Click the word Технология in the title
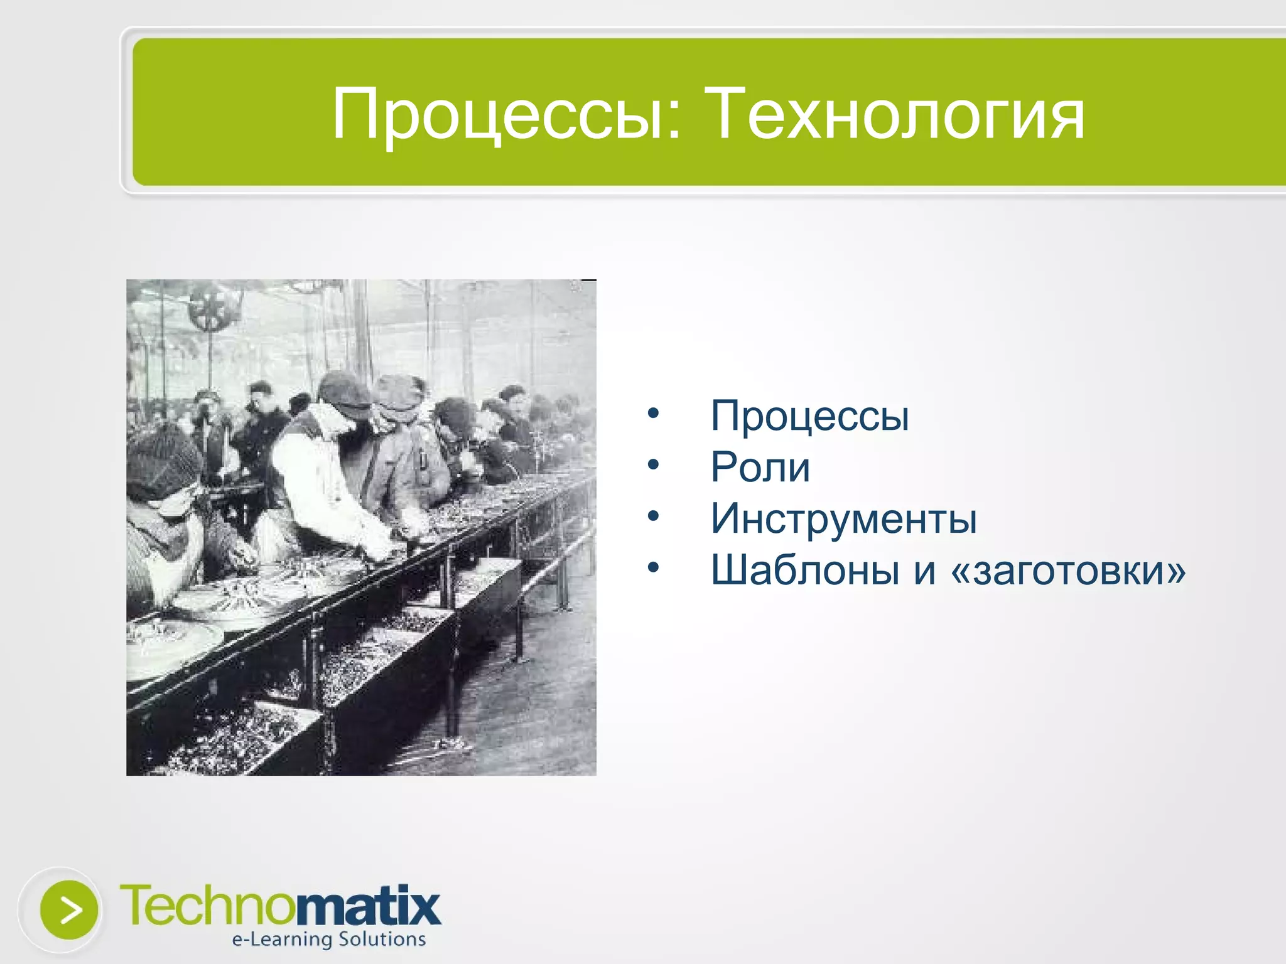[894, 115]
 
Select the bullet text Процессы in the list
[809, 416]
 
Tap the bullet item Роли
[760, 468]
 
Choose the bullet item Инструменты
[843, 519]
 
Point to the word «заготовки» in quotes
[1068, 570]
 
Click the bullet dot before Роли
[654, 465]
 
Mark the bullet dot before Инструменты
[654, 517]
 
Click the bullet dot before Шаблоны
[654, 568]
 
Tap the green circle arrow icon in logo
[68, 909]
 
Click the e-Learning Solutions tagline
[328, 940]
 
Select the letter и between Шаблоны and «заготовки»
[925, 570]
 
